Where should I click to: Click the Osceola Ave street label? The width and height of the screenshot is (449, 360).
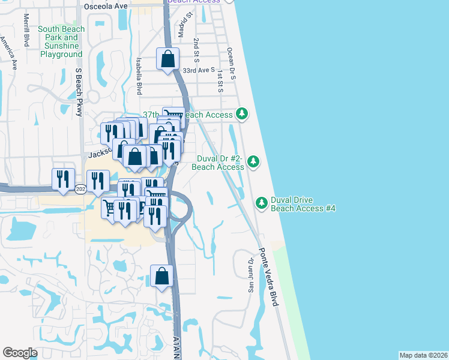pyautogui.click(x=106, y=5)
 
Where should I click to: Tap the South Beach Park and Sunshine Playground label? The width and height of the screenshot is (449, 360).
pyautogui.click(x=61, y=41)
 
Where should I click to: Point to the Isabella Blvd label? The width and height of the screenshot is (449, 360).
pyautogui.click(x=139, y=76)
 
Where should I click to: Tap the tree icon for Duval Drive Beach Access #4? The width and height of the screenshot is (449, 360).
pyautogui.click(x=262, y=203)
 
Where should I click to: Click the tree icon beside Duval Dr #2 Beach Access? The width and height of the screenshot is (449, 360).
pyautogui.click(x=253, y=161)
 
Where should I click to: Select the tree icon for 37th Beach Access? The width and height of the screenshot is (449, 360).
pyautogui.click(x=241, y=113)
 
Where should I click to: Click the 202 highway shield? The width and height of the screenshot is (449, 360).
pyautogui.click(x=80, y=189)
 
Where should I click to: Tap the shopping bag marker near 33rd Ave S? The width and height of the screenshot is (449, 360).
pyautogui.click(x=167, y=59)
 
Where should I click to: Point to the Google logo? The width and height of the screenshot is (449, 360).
pyautogui.click(x=20, y=353)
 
